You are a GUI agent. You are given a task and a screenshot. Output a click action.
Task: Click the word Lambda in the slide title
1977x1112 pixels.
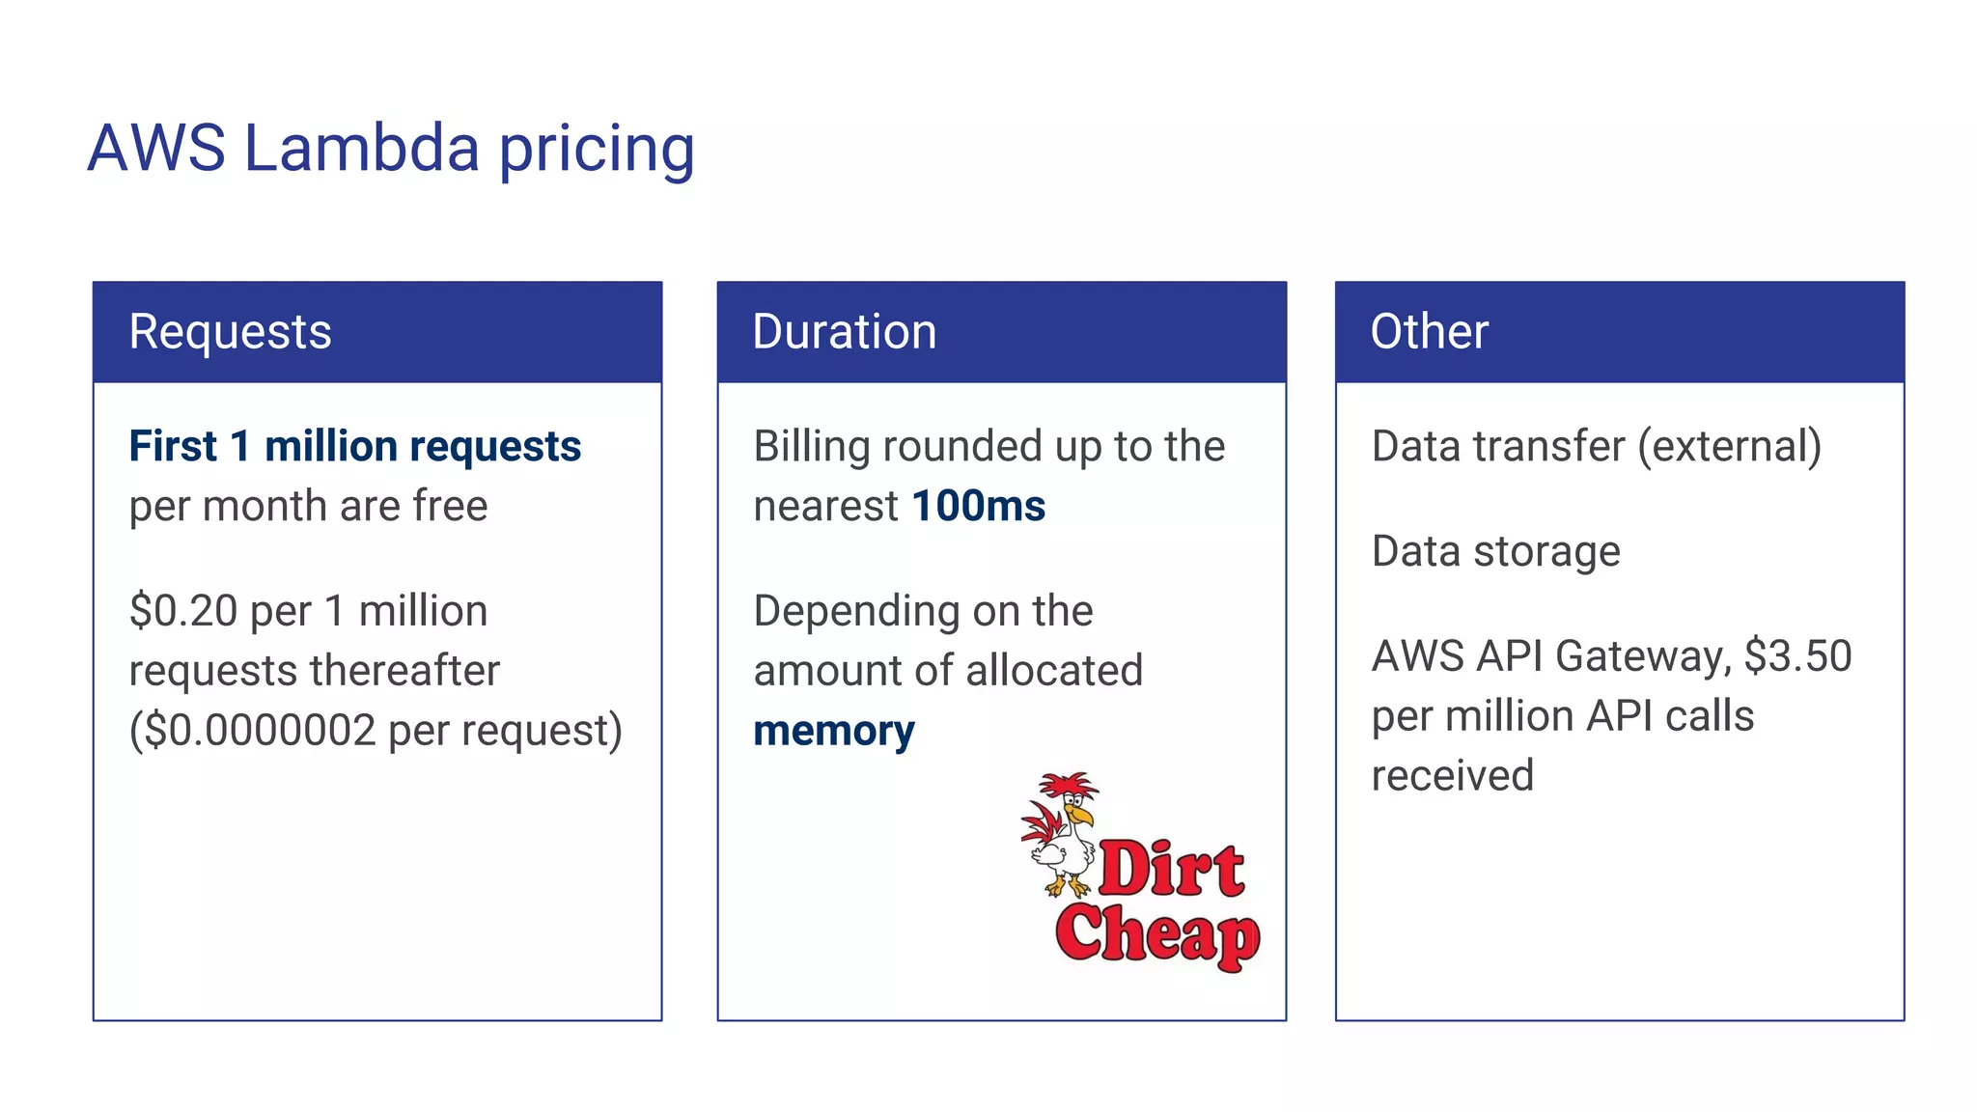361,149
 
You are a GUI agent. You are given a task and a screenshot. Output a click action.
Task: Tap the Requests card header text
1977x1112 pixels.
230,332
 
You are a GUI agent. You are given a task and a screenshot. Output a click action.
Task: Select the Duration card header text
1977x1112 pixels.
844,332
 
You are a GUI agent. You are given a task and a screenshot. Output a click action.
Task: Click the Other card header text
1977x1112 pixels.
1429,332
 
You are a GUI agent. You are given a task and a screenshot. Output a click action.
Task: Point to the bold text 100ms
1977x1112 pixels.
978,506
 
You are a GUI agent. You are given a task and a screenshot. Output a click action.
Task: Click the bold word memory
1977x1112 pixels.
833,731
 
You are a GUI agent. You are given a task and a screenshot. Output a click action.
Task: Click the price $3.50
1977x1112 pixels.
1797,656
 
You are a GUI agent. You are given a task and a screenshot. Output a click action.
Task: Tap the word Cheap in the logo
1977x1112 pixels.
1156,934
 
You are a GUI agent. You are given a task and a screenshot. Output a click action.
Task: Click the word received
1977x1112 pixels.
1452,776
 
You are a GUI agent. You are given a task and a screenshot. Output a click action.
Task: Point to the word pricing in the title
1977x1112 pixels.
597,151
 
